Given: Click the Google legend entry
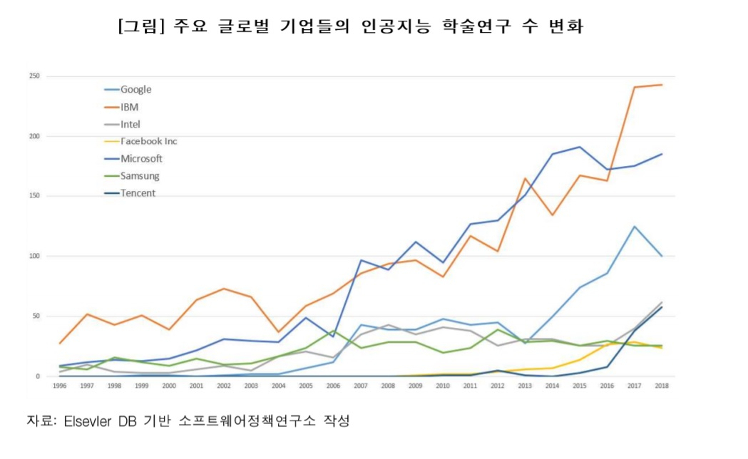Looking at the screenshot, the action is click(128, 90).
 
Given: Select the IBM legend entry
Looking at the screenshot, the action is click(121, 107).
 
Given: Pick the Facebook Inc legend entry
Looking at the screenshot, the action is click(140, 142).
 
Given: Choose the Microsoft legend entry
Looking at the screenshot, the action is click(133, 159).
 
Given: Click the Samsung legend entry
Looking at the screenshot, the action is click(132, 176).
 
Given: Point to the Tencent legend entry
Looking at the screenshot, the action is click(130, 193).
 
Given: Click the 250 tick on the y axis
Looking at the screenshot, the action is click(34, 76).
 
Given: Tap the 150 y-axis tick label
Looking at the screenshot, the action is click(34, 196).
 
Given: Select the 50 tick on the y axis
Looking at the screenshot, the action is click(36, 316).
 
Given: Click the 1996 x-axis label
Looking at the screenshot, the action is click(60, 386).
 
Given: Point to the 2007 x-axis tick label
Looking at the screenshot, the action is click(361, 386).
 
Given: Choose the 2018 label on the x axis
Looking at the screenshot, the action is click(662, 386).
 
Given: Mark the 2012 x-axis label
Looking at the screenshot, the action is click(498, 386).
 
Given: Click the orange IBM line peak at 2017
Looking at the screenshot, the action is click(635, 87).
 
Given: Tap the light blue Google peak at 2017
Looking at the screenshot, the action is click(635, 227).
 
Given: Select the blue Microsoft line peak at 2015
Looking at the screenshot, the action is click(580, 147).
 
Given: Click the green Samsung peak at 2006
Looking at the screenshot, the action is click(334, 331).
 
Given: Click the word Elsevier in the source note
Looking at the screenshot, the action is click(87, 421).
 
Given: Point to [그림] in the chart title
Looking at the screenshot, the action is click(141, 26).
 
